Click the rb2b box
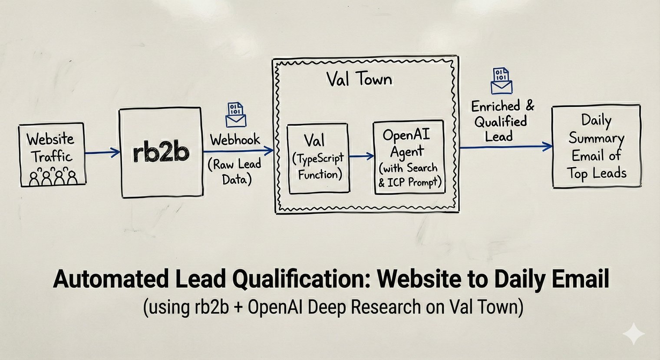point(161,153)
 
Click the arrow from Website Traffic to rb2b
point(102,152)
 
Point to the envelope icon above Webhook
point(236,115)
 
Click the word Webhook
point(235,140)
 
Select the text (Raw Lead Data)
point(235,172)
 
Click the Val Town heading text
point(359,79)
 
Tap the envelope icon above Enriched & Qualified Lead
point(502,81)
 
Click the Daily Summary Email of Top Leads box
point(596,147)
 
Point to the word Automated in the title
point(110,279)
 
